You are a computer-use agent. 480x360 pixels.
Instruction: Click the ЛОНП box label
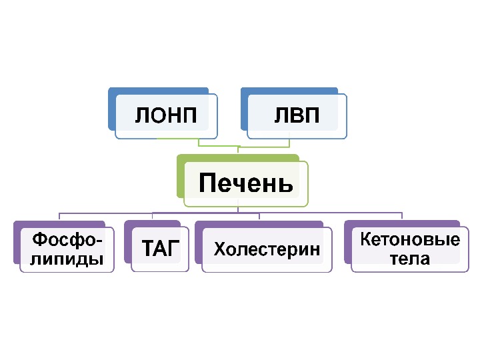166,116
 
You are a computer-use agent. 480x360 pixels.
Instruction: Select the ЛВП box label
297,116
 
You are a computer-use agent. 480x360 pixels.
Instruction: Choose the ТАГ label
161,250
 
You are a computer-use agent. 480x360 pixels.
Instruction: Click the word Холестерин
267,250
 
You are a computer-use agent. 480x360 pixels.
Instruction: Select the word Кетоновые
410,239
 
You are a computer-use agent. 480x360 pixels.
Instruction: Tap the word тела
410,259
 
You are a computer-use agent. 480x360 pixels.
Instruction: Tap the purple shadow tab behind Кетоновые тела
347,240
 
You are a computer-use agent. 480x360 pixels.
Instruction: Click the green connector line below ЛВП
289,143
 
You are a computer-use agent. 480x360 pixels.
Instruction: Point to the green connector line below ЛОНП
199,143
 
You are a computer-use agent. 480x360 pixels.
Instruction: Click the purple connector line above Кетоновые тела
402,216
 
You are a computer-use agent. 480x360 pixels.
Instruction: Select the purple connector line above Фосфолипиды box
60,217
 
